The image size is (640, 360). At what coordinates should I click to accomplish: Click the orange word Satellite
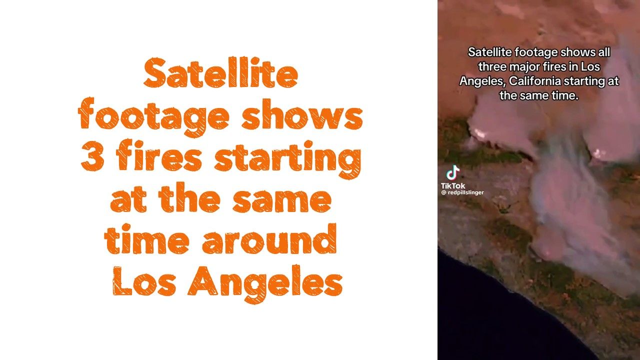point(221,72)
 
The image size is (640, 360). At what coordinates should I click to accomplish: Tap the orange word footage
point(153,117)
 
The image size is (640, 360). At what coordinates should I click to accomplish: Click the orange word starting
point(287,159)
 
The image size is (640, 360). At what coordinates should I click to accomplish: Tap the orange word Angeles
point(265,283)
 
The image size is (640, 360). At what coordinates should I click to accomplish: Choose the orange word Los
point(144,280)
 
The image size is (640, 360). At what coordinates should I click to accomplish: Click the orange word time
point(146,239)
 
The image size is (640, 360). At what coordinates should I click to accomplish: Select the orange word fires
point(159,156)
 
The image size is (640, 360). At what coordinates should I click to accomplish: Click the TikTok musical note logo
point(453,173)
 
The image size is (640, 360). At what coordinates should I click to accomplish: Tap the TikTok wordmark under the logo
point(453,185)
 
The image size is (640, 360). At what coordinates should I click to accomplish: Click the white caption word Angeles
point(482,81)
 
